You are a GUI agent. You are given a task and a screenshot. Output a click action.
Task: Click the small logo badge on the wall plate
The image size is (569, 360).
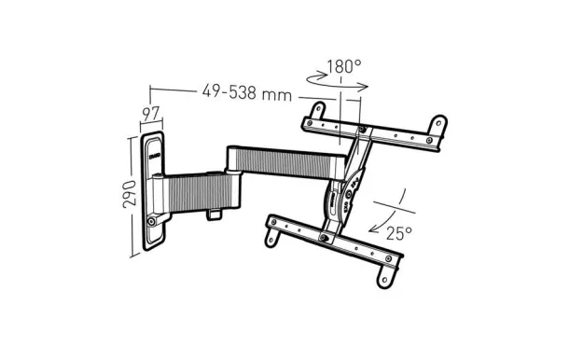click(155, 146)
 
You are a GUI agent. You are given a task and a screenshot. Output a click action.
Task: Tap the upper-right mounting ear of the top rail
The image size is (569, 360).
click(435, 124)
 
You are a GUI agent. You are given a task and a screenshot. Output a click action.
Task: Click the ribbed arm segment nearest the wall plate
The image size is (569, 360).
click(201, 190)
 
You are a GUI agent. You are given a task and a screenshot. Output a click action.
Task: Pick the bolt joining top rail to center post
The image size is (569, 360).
click(361, 130)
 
